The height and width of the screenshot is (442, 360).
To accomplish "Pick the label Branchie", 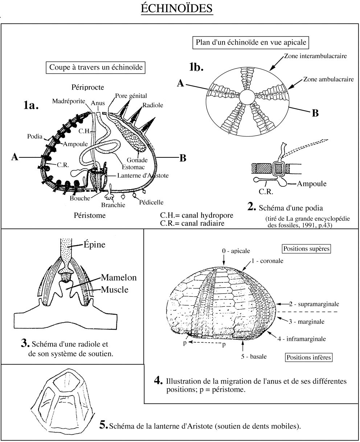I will click(113, 205).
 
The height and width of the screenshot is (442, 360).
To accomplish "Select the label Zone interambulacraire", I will click(314, 56).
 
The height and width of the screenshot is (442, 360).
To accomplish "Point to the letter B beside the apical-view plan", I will click(315, 113).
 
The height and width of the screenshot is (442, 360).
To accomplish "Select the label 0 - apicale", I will click(236, 251).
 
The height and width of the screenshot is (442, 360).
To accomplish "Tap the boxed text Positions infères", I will click(309, 357).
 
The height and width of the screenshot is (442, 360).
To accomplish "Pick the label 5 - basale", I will click(254, 356).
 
